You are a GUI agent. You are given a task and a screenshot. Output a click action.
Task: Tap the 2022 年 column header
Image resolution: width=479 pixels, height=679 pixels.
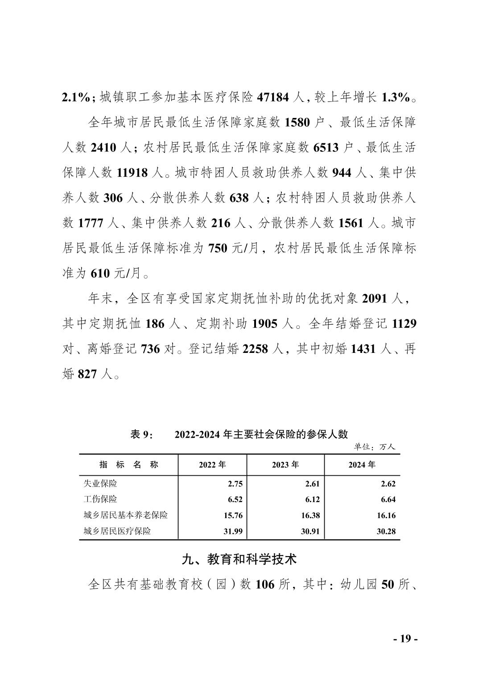212,465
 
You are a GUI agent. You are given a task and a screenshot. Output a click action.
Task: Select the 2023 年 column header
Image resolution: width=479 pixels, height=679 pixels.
285,465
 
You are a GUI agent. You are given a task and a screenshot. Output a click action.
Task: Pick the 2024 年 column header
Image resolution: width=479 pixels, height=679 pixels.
362,465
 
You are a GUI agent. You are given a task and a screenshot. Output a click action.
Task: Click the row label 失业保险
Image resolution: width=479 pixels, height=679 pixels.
100,483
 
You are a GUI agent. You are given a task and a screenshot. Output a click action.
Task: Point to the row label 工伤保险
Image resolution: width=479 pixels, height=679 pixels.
100,499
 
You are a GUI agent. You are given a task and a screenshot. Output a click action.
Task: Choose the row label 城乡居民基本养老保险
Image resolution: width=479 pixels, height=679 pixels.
126,515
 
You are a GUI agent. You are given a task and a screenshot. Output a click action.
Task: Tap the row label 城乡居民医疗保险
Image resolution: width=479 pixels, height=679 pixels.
117,531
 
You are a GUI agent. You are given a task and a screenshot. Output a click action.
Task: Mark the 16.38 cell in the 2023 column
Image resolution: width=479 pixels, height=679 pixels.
310,516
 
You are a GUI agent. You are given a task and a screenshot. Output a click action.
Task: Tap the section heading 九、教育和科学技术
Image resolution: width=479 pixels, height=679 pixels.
239,559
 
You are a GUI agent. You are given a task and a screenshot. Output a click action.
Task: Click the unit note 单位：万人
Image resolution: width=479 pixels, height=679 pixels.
375,446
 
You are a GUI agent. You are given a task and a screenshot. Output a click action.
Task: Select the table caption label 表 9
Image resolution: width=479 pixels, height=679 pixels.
142,434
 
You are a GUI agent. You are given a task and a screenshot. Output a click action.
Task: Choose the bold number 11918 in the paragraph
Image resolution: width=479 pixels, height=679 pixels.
132,173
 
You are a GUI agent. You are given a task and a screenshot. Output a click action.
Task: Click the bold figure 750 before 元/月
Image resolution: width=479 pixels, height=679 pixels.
219,248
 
